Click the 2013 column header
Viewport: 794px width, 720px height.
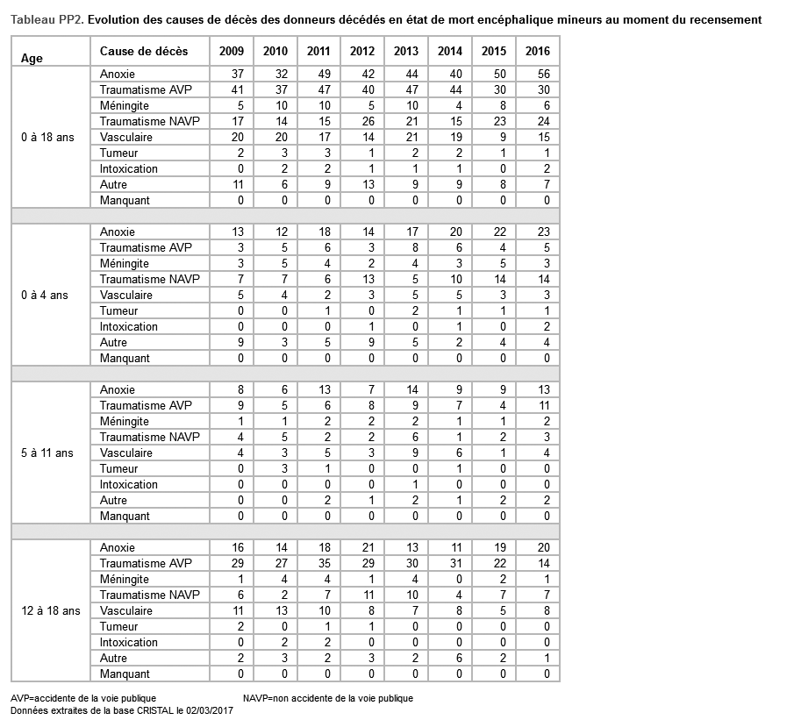[405, 52]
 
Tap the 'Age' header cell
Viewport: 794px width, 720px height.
[32, 59]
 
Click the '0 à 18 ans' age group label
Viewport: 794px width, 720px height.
[47, 138]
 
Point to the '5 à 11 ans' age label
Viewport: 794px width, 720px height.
[47, 453]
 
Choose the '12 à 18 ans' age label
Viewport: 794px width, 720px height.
[50, 611]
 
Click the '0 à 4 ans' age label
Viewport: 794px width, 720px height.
[45, 296]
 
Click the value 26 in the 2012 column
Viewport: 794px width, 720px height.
[368, 122]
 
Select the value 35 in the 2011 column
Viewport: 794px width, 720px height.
[324, 564]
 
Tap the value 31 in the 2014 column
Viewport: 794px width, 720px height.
[455, 564]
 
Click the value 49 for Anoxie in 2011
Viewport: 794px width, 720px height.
[324, 75]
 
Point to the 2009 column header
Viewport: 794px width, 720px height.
[231, 52]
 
